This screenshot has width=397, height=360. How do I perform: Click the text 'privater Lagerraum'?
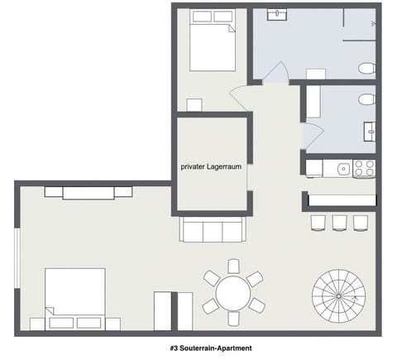tap(211, 166)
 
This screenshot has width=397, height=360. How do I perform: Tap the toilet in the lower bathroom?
tap(366, 100)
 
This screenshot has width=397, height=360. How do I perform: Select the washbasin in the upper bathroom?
tap(275, 14)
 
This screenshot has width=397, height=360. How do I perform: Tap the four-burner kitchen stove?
tap(364, 168)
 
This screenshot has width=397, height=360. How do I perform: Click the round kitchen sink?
tap(342, 169)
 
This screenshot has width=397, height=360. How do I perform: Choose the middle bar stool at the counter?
tap(339, 222)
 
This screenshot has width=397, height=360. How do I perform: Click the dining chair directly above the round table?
tap(233, 266)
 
